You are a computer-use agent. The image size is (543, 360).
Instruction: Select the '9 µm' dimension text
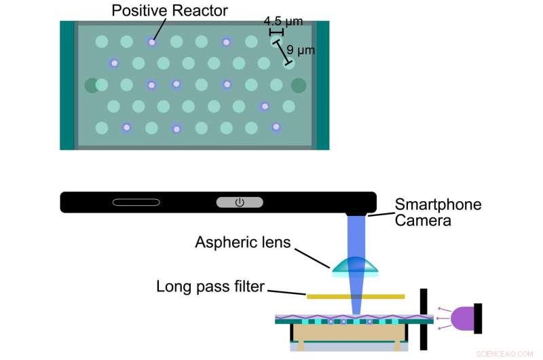301,50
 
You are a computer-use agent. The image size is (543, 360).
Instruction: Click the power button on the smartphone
240,202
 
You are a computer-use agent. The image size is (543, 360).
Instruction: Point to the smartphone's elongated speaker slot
136,202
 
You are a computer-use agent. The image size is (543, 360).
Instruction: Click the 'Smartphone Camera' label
438,213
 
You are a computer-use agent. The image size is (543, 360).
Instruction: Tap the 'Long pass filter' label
210,287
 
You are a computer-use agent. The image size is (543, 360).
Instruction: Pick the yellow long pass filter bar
356,296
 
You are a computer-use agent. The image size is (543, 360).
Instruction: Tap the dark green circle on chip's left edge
92,85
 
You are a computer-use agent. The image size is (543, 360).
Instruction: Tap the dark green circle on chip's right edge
299,85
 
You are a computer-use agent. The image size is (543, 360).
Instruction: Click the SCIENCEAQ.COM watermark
506,353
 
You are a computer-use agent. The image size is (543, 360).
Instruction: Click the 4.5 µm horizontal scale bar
276,33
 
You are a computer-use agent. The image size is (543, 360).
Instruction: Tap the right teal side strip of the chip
322,85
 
